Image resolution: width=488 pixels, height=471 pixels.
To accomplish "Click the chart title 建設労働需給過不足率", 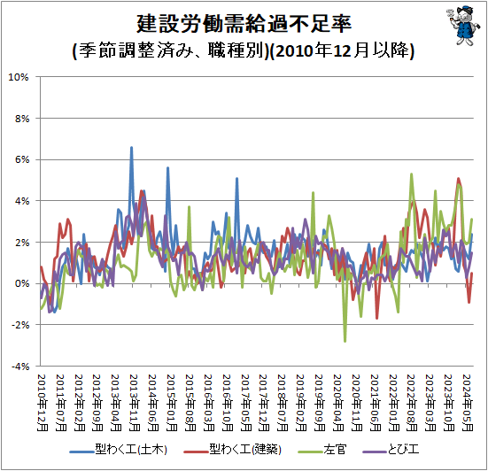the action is pos(244,24).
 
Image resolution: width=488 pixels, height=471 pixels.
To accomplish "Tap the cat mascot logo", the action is pos(461,26).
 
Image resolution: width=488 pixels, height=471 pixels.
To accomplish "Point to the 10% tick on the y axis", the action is pos(19,77).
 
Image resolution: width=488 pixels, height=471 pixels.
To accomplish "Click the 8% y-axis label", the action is pos(22,119).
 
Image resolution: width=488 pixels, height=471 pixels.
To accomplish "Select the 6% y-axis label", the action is pos(22,160).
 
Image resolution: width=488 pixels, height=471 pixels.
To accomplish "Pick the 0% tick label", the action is pos(22,283).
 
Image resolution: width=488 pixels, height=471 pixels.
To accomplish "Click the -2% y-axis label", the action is pos(20,325).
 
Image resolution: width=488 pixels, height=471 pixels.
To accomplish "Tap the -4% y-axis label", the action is pos(20,367).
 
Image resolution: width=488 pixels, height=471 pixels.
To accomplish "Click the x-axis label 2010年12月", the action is pos(42,402).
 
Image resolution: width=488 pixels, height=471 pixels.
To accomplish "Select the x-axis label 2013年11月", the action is pos(134,402).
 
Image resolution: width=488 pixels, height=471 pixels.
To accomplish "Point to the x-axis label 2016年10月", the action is pos(228,402).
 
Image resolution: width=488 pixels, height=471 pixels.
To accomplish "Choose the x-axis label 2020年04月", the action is pos(338,402).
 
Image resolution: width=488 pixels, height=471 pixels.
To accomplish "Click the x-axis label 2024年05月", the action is pos(468,402).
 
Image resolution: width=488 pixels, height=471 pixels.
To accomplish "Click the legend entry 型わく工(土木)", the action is pos(119,450).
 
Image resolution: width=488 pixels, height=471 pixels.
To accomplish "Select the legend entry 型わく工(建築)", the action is pos(232,450).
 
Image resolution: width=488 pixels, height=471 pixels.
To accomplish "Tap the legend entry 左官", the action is pos(321,450).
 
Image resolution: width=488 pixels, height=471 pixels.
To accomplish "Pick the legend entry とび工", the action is pos(391,450).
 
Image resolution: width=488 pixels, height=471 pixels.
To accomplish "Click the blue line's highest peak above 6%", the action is pos(131,148).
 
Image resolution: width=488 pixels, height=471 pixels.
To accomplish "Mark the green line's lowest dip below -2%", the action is pos(345,341).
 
